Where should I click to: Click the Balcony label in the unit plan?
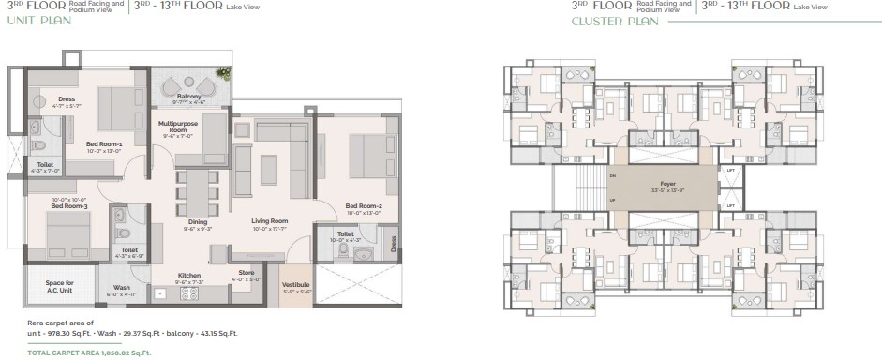(188, 96)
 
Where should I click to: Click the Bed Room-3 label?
(69, 204)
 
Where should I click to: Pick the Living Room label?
(269, 221)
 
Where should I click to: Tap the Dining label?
(198, 221)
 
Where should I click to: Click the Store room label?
(247, 274)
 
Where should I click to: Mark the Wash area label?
(122, 288)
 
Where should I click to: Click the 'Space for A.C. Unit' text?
(61, 286)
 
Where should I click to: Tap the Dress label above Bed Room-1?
(66, 98)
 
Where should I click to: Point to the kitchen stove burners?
(188, 293)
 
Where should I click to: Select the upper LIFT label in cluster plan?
(730, 169)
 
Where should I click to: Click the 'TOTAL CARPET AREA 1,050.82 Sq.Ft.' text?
(90, 352)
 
